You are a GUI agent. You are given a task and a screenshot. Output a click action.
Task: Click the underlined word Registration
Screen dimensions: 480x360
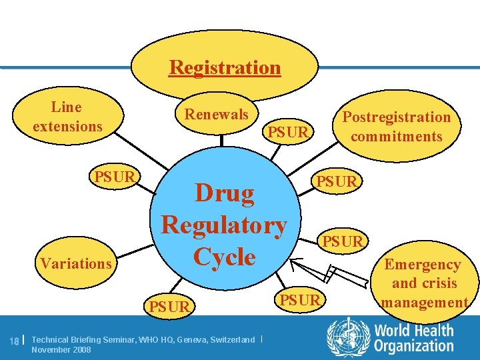click(225, 67)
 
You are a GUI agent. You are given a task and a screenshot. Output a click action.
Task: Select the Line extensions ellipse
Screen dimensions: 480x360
click(67, 116)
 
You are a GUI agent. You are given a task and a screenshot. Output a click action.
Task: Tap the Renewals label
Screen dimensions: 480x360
click(216, 114)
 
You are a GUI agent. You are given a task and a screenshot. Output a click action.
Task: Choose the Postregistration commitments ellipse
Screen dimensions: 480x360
click(396, 127)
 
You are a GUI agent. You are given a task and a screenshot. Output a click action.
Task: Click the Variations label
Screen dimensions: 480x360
click(76, 263)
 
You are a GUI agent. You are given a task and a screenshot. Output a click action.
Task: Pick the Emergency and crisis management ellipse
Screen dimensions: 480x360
click(423, 283)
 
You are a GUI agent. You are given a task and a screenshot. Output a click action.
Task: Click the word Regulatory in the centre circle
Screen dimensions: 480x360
click(224, 225)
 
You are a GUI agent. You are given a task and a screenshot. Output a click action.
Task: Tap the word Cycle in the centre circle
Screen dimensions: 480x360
click(224, 257)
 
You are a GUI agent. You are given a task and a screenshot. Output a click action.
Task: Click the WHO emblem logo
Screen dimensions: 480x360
click(347, 337)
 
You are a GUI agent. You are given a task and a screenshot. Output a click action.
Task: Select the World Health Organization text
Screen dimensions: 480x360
click(413, 337)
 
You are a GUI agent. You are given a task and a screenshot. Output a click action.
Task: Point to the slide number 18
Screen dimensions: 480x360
click(14, 341)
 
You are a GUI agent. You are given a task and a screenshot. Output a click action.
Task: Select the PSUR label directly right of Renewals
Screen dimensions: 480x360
click(288, 132)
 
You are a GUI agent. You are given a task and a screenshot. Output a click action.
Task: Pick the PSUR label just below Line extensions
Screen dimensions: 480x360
click(115, 177)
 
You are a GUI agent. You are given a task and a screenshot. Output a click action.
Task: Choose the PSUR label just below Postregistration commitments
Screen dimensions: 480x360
click(337, 181)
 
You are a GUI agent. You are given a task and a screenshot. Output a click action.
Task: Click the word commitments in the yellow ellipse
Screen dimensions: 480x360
click(396, 137)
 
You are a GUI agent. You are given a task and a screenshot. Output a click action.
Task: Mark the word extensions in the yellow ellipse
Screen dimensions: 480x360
click(67, 126)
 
